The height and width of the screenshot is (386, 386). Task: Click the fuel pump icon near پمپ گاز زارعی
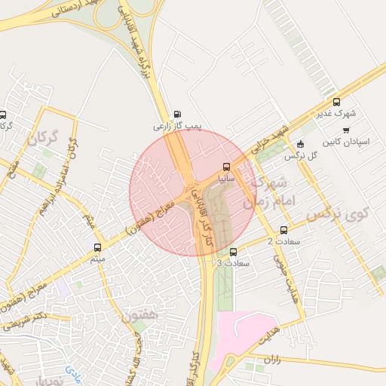tap(177, 115)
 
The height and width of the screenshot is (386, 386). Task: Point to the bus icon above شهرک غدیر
tap(336, 102)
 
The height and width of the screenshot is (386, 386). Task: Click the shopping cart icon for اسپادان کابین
tap(346, 130)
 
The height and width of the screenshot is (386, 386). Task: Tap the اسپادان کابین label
tap(346, 142)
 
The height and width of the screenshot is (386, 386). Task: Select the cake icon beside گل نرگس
tap(301, 145)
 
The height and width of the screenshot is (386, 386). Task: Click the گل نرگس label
tap(299, 156)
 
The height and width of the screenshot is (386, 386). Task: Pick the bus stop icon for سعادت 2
tap(283, 230)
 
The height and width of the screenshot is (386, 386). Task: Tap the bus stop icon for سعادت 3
tap(232, 252)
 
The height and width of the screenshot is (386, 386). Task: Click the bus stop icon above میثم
tap(97, 247)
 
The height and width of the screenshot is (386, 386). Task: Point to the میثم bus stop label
tap(96, 259)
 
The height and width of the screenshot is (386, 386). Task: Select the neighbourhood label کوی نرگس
tap(334, 216)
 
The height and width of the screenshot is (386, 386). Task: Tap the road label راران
tap(273, 360)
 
